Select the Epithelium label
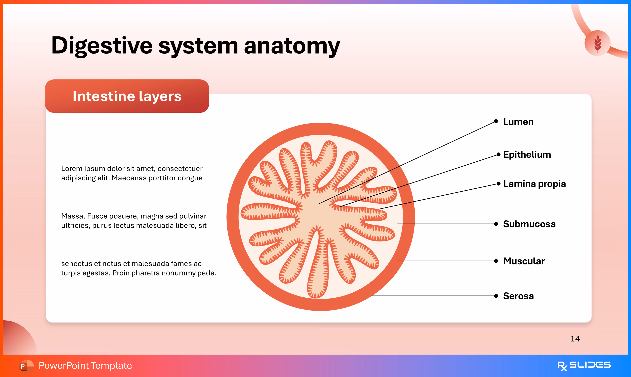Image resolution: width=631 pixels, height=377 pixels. (527, 155)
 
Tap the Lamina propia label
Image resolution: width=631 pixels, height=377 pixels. (534, 184)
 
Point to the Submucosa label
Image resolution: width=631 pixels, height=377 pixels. (529, 224)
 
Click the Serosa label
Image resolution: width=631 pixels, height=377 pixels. (518, 296)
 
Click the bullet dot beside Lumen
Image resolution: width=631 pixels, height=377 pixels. (496, 121)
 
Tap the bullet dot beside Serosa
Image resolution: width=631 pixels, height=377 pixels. (496, 296)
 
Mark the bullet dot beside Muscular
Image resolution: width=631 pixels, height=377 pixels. (496, 261)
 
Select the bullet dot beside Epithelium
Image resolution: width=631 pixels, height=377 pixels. (498, 155)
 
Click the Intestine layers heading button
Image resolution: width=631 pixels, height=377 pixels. (127, 96)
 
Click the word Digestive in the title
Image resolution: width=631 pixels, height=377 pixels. (102, 46)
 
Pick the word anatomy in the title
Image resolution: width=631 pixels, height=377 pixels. (292, 46)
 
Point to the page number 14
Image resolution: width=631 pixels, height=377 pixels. (575, 339)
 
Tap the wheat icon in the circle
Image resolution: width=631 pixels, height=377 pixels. (597, 43)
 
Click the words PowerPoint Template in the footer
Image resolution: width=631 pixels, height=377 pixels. (85, 366)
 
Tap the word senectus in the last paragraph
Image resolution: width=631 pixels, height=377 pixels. (76, 264)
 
